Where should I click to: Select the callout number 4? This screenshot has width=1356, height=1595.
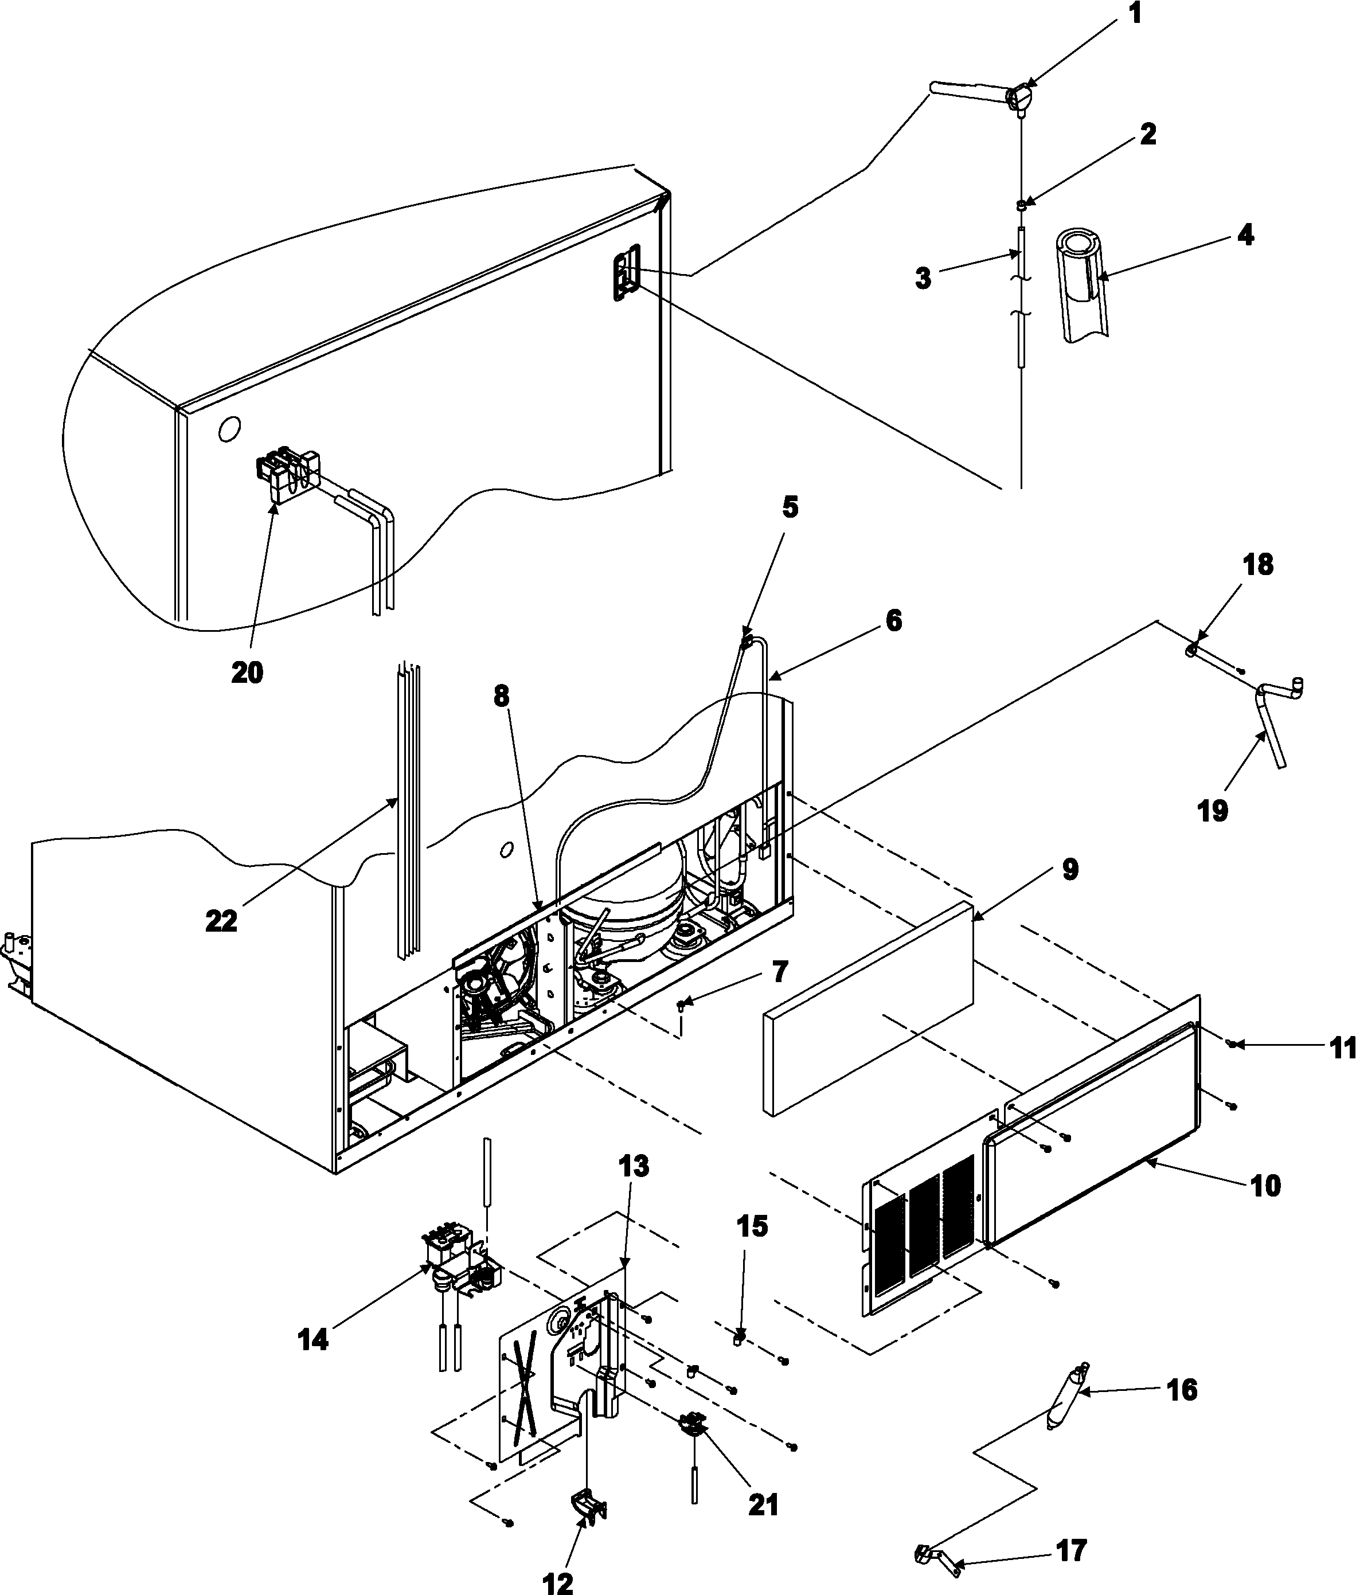(1245, 234)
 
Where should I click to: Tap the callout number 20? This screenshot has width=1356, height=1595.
(247, 673)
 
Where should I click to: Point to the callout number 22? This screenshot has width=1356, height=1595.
(221, 920)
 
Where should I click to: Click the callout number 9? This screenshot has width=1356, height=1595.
(1070, 869)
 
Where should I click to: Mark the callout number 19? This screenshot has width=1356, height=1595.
(1213, 810)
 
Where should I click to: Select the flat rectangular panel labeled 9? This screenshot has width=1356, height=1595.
(869, 1007)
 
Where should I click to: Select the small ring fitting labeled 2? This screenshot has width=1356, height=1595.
(1022, 205)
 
